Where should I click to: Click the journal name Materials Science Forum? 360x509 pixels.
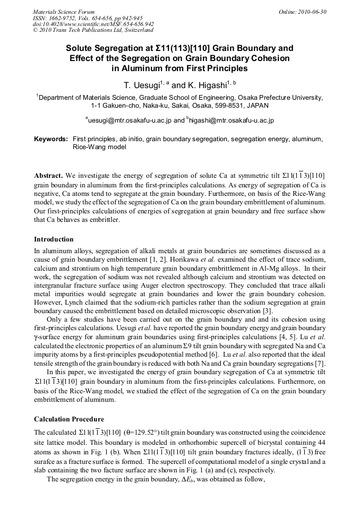coord(64,11)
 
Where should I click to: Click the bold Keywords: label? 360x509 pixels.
coord(51,139)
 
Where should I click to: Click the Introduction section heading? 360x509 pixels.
coord(54,239)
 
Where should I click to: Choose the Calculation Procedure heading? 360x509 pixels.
coord(69,419)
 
